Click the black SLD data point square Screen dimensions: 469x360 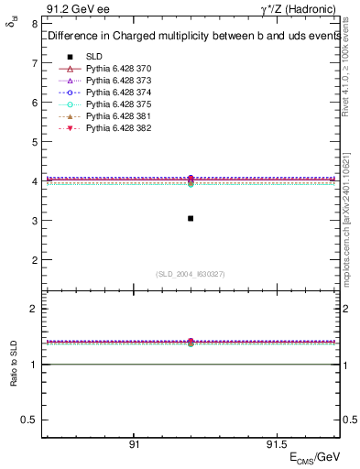pos(190,218)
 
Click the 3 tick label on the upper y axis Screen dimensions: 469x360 pos(35,221)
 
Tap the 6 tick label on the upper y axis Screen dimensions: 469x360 pos(35,103)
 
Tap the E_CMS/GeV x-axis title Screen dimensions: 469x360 pos(314,457)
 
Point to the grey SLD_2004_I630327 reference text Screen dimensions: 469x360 pos(191,273)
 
